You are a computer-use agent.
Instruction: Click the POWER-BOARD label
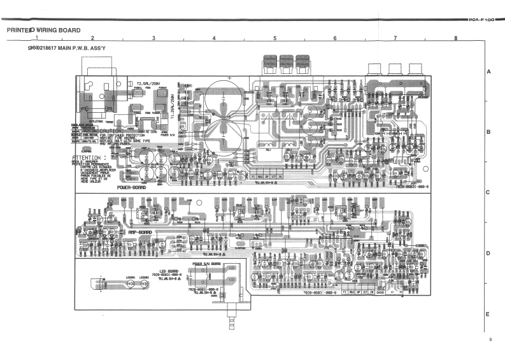click(132, 188)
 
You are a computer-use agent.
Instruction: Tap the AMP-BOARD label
click(142, 232)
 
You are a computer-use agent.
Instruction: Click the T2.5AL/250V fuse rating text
click(148, 83)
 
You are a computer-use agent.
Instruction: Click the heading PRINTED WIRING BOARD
click(43, 30)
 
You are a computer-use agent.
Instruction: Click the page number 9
click(490, 339)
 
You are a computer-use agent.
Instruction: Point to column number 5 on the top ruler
click(274, 39)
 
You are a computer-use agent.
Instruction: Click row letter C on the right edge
click(488, 192)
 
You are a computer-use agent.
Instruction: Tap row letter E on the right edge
click(488, 314)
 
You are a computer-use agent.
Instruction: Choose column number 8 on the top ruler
click(456, 39)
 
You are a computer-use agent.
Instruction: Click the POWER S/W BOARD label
click(206, 263)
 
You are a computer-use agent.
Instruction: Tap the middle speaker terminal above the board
click(286, 63)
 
